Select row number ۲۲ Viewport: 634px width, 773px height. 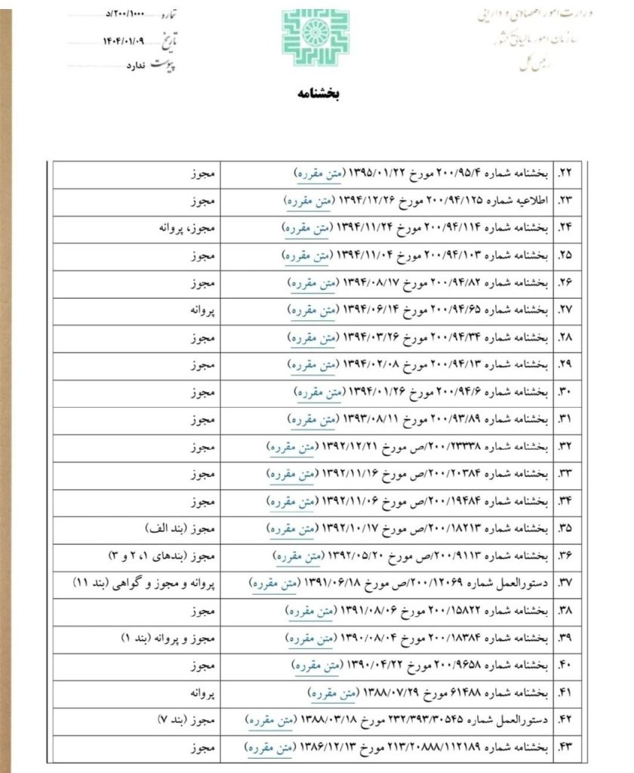[565, 173]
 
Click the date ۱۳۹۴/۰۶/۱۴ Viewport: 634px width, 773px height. [370, 309]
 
